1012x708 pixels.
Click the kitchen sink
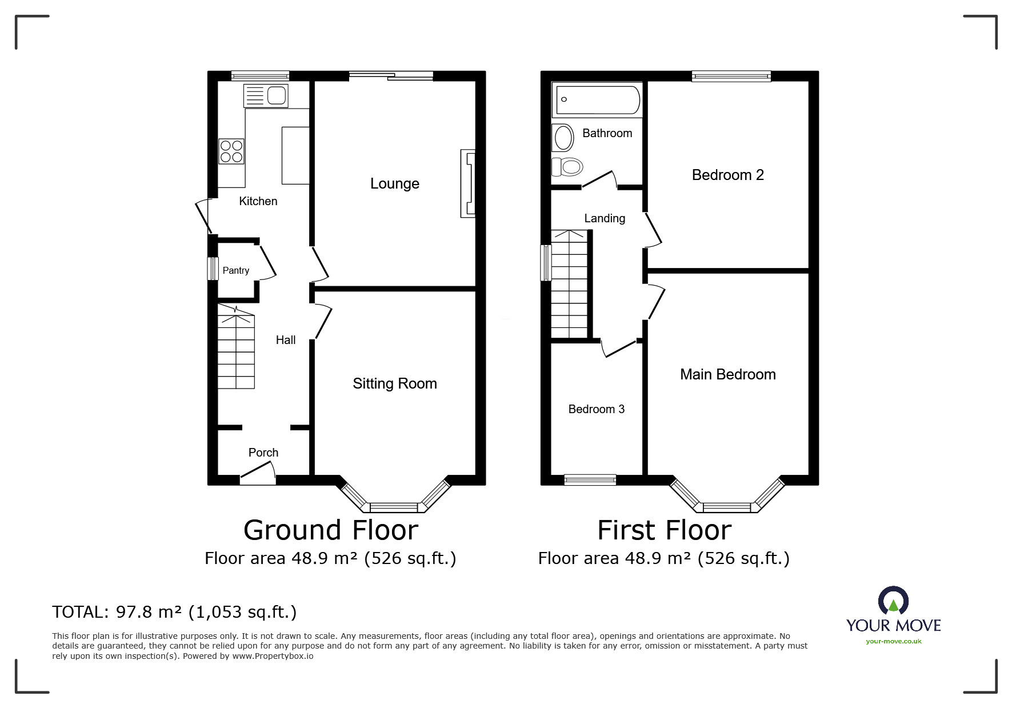click(x=266, y=95)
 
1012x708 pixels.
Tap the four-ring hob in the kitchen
click(x=231, y=151)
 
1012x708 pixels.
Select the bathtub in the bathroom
click(x=597, y=99)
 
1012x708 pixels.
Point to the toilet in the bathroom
click(x=567, y=167)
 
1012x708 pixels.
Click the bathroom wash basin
click(x=563, y=137)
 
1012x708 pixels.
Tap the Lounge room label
click(x=395, y=183)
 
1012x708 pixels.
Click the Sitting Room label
click(x=395, y=383)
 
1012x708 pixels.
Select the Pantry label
click(x=236, y=271)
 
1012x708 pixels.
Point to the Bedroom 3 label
click(x=597, y=409)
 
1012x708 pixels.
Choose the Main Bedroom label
click(x=728, y=374)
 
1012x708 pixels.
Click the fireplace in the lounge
click(x=468, y=183)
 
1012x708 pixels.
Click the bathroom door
click(x=599, y=179)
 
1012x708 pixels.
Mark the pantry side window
click(x=213, y=269)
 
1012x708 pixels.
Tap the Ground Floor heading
click(x=331, y=530)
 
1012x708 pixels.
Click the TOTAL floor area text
click(x=174, y=612)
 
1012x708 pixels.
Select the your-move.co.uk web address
click(x=894, y=641)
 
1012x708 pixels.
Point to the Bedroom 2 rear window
click(x=731, y=75)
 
